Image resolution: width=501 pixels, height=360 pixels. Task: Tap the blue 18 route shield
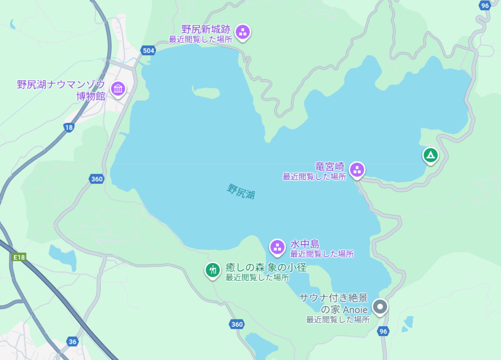(x=69, y=127)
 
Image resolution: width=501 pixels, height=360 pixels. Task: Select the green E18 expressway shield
(x=19, y=257)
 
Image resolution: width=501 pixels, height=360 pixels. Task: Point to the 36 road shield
(x=72, y=341)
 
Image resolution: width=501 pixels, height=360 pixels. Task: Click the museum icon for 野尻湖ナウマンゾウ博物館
(x=118, y=89)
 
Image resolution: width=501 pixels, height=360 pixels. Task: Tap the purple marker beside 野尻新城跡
(x=243, y=32)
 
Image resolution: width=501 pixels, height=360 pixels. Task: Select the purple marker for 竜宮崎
(x=357, y=170)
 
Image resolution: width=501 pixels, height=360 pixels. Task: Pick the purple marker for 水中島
(x=277, y=247)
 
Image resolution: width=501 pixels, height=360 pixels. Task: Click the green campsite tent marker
(x=430, y=156)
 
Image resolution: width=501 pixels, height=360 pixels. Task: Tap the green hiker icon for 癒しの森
(x=212, y=269)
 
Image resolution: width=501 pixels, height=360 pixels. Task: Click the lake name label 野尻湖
(x=241, y=191)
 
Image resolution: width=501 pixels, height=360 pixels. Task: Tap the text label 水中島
(x=305, y=244)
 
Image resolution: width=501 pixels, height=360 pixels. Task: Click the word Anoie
(x=351, y=310)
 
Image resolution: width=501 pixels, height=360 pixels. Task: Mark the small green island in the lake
(x=205, y=91)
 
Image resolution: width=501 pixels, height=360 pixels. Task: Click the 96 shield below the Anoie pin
(x=383, y=331)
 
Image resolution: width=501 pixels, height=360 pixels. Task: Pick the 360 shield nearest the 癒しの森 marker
(x=237, y=324)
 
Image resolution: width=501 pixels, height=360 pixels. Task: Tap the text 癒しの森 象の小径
(x=266, y=268)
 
